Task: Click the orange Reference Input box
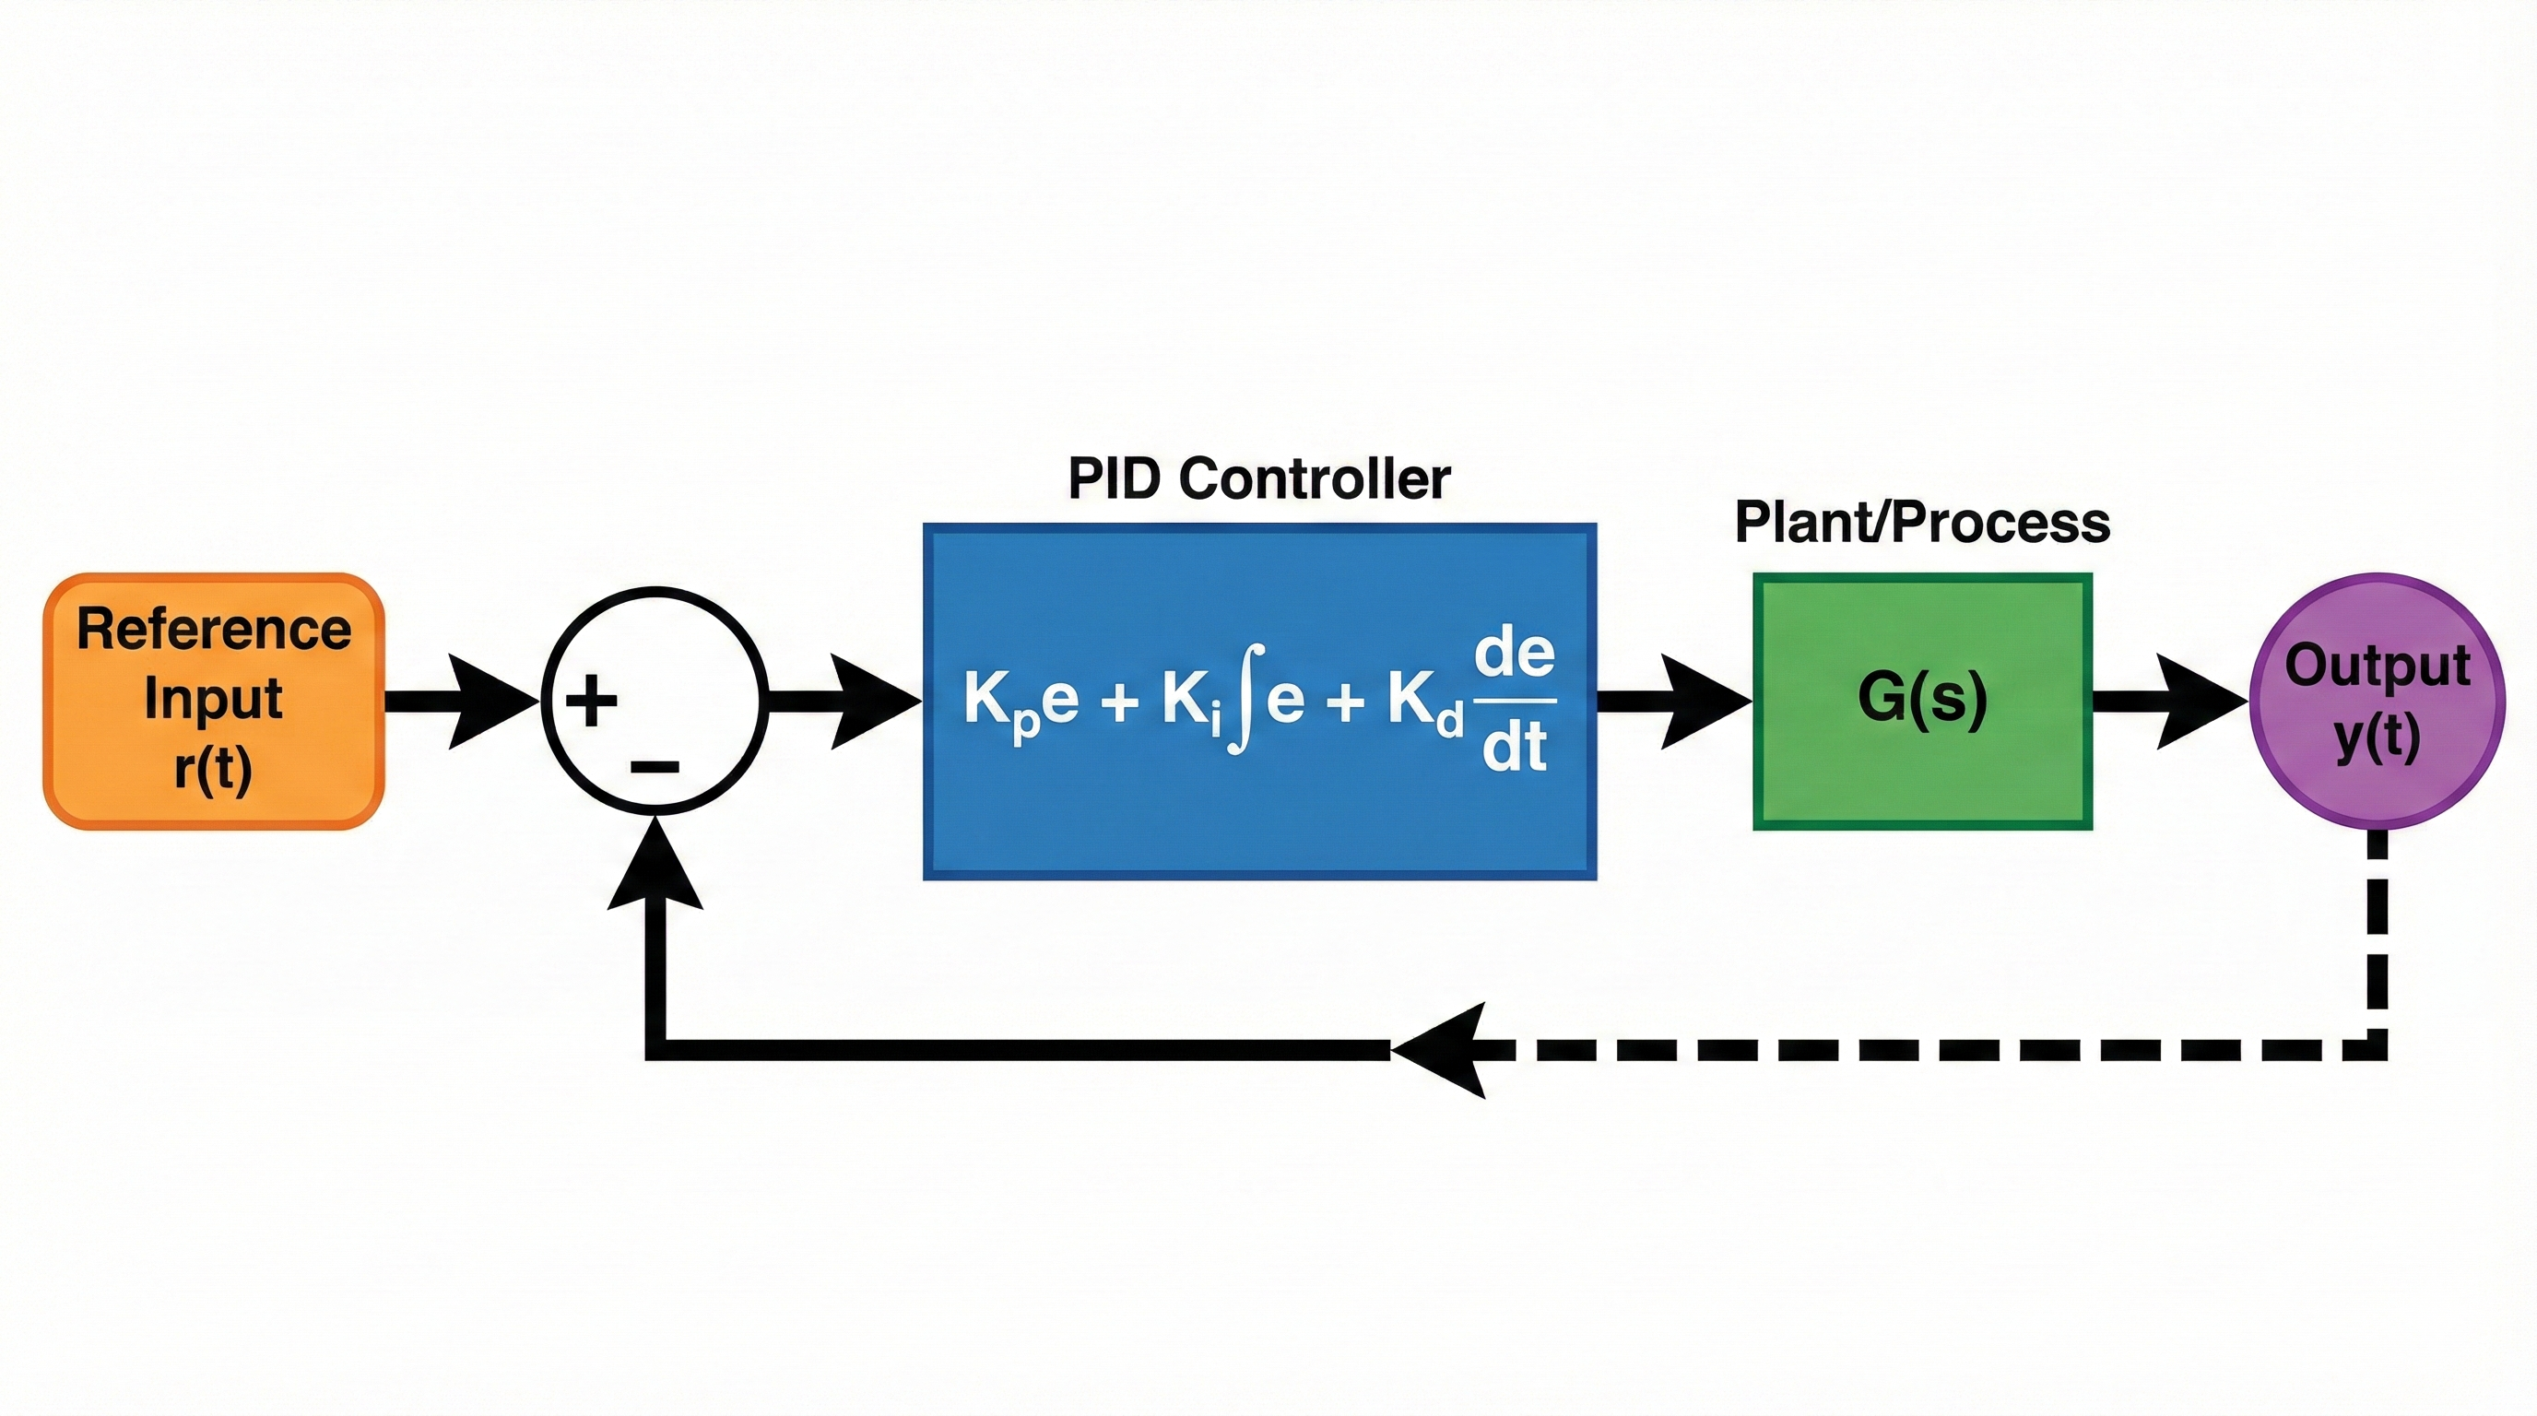point(214,700)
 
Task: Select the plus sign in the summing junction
point(591,702)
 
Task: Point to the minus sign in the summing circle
point(655,766)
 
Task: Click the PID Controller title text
point(1258,479)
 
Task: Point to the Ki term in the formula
point(1192,702)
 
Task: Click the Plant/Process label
point(1921,522)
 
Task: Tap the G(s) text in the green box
point(1922,698)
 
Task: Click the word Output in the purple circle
point(2378,666)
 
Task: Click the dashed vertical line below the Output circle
point(2377,936)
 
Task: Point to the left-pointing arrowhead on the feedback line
point(1443,1050)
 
